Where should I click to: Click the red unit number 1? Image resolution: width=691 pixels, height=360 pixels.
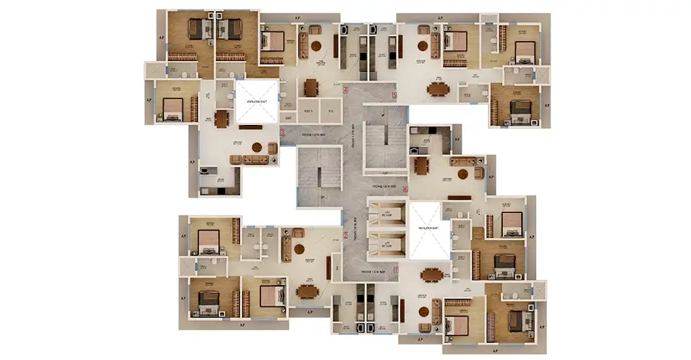tap(396, 270)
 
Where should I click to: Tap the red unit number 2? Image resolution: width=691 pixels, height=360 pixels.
tap(345, 235)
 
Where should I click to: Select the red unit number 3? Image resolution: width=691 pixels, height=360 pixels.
tap(283, 132)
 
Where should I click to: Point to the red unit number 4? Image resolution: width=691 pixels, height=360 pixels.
tap(345, 91)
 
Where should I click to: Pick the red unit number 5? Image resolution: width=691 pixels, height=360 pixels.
tap(394, 94)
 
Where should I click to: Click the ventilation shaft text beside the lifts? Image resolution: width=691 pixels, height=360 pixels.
tap(425, 228)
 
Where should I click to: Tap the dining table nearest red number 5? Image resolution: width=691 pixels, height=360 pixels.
tap(439, 88)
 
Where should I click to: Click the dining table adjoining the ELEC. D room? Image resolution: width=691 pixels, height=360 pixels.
tap(310, 87)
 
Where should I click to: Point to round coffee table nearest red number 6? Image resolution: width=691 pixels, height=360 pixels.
tap(463, 174)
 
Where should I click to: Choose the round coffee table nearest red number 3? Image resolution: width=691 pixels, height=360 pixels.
tap(257, 146)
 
